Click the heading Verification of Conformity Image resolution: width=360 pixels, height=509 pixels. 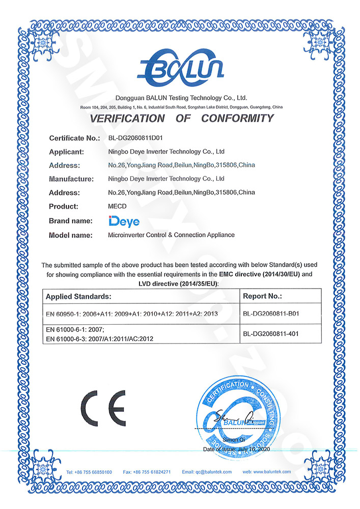point(182,119)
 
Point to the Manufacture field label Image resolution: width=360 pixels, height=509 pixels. point(71,179)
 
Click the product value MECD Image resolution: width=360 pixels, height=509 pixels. point(118,207)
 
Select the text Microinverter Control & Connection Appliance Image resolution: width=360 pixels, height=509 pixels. point(172,235)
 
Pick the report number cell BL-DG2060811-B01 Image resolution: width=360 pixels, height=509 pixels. point(267,314)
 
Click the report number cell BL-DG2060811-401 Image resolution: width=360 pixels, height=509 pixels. point(267,334)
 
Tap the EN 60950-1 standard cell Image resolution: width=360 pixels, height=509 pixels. point(132,314)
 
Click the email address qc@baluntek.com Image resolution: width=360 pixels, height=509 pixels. point(207,472)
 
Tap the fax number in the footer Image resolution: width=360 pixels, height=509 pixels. point(147,472)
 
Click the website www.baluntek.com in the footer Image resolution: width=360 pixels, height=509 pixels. point(267,472)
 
